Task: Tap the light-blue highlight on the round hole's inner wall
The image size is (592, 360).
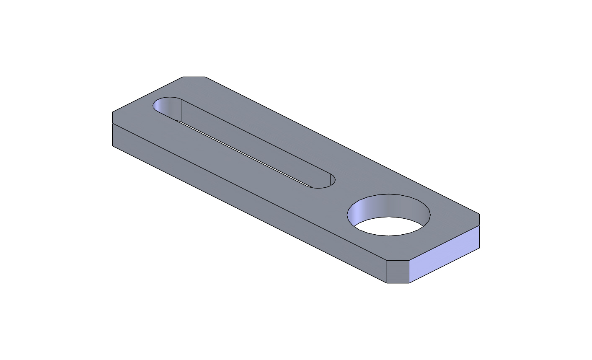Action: pyautogui.click(x=356, y=214)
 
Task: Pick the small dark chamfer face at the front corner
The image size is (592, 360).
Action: pyautogui.click(x=398, y=272)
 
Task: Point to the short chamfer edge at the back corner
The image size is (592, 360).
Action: pyautogui.click(x=194, y=77)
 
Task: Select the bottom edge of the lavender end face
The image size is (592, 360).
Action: pyautogui.click(x=444, y=265)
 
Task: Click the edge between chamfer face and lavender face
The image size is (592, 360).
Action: pyautogui.click(x=409, y=272)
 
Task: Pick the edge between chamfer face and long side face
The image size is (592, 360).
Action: pyautogui.click(x=386, y=272)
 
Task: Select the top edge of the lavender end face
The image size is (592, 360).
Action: pyautogui.click(x=444, y=243)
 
